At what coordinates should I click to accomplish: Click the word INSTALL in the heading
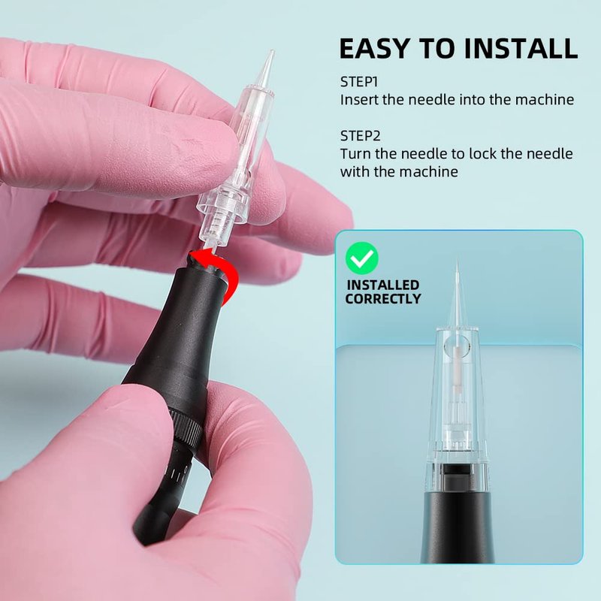(x=521, y=48)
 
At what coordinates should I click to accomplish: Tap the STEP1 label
(x=359, y=82)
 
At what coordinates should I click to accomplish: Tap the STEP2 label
(x=361, y=136)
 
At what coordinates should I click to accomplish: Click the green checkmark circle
(x=362, y=258)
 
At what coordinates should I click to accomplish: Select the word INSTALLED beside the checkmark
(x=383, y=285)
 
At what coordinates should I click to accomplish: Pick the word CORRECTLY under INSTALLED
(x=383, y=299)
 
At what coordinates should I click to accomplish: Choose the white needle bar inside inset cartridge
(x=457, y=368)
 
